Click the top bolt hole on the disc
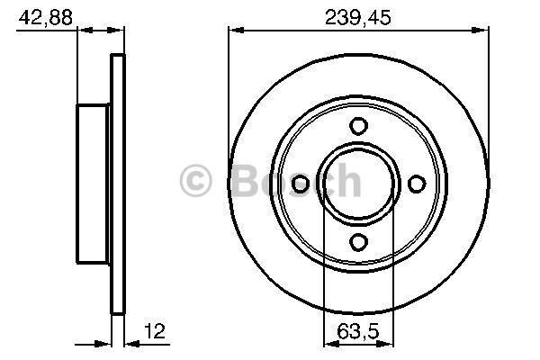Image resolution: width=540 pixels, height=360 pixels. click(358, 126)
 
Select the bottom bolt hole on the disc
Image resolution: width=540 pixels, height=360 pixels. click(358, 240)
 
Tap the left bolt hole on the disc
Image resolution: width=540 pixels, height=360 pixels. click(301, 184)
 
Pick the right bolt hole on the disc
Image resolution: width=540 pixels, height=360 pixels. click(416, 184)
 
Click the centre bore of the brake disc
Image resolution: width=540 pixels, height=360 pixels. click(358, 184)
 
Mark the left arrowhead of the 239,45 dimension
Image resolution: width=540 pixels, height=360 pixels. click(234, 31)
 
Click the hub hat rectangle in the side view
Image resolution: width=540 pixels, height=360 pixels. click(93, 184)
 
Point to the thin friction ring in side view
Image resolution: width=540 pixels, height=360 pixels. click(116, 184)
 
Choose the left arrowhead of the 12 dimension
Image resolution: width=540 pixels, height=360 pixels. click(105, 342)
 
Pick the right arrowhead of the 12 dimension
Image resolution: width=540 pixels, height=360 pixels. click(128, 342)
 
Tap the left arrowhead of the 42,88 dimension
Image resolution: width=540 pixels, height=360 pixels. click(83, 31)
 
